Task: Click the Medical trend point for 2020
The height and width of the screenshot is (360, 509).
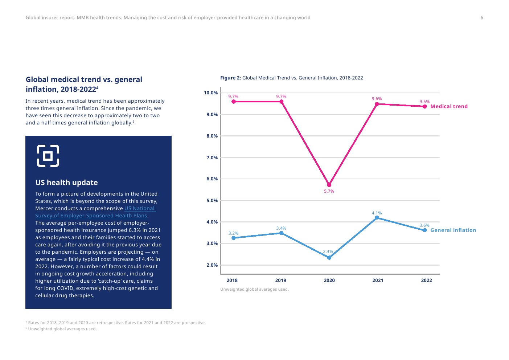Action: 329,185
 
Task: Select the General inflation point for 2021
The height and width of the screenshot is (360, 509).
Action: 377,218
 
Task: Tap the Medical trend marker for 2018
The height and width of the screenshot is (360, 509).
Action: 234,102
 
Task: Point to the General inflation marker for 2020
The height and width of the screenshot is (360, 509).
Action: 329,258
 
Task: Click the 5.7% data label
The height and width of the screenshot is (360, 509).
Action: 329,191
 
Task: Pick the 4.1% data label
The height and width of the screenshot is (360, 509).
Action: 377,213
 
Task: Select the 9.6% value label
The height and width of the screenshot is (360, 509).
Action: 377,99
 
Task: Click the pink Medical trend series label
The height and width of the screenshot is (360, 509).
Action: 449,106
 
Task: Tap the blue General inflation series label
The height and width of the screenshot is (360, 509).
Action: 453,230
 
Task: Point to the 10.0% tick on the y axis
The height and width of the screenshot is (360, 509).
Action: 211,93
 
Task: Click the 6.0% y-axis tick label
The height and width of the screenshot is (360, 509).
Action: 212,179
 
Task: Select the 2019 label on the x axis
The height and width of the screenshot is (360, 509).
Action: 280,280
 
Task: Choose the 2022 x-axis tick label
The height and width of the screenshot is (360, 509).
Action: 426,280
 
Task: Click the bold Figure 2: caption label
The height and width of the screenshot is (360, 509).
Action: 230,78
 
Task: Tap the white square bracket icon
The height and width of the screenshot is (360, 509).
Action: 48,156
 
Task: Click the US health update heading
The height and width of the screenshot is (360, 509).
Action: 66,183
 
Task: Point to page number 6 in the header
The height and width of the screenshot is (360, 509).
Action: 482,17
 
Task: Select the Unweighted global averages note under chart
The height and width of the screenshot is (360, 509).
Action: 254,289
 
